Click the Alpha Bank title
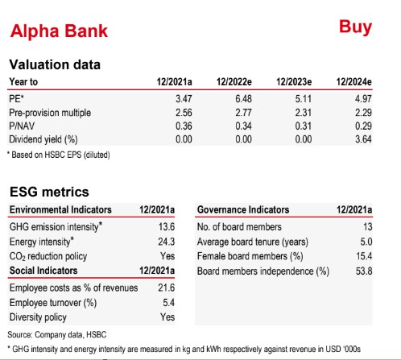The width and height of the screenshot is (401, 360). [59, 31]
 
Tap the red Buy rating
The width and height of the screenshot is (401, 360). [355, 27]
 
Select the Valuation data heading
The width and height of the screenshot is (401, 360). [55, 64]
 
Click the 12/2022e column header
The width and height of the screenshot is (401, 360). [234, 82]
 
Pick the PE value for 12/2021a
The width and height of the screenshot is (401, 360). [184, 99]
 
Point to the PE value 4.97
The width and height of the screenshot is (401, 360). [363, 99]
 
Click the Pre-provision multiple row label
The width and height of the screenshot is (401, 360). [50, 113]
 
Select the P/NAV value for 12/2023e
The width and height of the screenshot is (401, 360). [304, 126]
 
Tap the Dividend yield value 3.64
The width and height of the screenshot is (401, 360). [363, 139]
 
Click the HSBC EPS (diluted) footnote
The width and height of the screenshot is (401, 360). [59, 155]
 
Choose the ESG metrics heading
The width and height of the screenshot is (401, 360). [49, 192]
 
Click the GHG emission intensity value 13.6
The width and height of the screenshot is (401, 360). [167, 227]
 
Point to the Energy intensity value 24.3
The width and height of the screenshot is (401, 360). [167, 242]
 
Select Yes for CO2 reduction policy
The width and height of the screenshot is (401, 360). [167, 256]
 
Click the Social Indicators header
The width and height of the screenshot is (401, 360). [43, 271]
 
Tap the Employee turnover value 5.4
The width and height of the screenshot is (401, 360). [168, 303]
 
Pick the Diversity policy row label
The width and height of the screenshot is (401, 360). [38, 317]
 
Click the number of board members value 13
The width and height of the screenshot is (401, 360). [368, 227]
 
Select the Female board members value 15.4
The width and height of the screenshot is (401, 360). [364, 256]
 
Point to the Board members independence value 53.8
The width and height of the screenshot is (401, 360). [364, 271]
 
